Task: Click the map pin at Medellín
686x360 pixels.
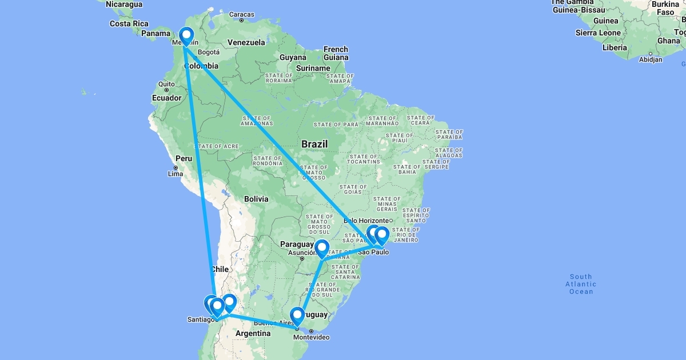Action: pos(185,37)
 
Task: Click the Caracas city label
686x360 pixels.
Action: pos(241,14)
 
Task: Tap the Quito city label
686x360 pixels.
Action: pos(166,84)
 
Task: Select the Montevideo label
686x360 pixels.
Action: pos(311,337)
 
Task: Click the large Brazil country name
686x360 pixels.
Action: pos(314,144)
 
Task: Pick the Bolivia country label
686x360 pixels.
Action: pos(256,199)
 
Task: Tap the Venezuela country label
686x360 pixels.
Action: pos(246,42)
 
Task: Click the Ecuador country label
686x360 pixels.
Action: pos(166,98)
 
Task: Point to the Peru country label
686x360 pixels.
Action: pos(184,158)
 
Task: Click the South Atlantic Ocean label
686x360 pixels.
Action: pos(580,284)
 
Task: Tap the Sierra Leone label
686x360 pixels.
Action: pos(598,33)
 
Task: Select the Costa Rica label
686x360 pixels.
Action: pos(129,23)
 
